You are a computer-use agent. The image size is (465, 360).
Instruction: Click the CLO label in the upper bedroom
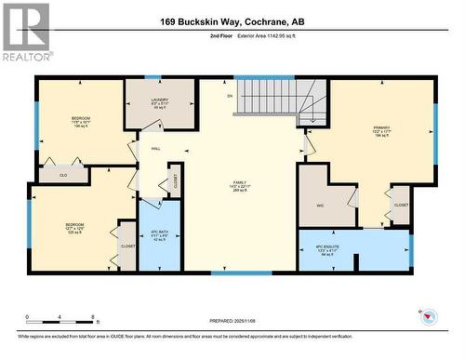[x=63, y=174]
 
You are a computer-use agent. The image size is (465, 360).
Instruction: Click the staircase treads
[x=272, y=95]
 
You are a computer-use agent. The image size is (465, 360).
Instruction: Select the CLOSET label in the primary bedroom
[x=401, y=204]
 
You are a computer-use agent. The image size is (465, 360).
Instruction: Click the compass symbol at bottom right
[x=428, y=317]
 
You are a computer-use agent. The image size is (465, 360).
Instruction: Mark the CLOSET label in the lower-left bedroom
[x=127, y=246]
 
